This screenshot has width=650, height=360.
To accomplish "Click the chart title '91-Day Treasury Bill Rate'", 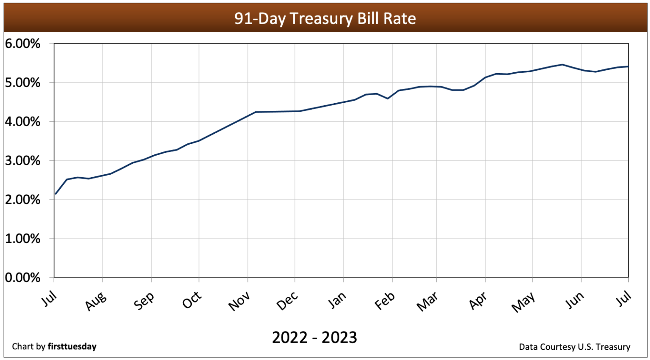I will coord(325,19).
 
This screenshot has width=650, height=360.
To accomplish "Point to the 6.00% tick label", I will coord(23,44).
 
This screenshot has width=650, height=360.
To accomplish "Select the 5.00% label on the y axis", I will coord(23,82).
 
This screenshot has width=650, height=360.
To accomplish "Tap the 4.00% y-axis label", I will coord(23,122).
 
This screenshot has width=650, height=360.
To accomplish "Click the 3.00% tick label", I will coord(23,161).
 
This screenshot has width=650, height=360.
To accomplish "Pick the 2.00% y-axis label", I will coord(23,200).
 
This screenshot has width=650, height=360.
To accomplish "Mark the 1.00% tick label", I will coord(23,239).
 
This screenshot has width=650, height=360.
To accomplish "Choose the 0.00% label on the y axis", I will coord(23,278).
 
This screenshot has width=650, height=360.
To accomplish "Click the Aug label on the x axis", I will coord(96,301).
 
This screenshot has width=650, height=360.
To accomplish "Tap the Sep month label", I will coord(144,301).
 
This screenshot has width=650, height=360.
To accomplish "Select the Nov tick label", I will coord(240,302).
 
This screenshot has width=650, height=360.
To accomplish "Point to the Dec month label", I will coord(287,301).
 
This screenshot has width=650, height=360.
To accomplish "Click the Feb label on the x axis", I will coord(385,301).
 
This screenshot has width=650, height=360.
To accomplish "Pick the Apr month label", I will coord(478,301).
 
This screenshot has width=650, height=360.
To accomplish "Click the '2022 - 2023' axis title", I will coord(314,338).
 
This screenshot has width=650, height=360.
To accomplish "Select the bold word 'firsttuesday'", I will coord(72,346).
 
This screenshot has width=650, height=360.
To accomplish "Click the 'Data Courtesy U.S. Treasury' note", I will coord(574,347).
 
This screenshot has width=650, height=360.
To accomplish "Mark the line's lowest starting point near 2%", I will coord(56,194).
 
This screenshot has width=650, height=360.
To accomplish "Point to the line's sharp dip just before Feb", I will coord(388,99).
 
